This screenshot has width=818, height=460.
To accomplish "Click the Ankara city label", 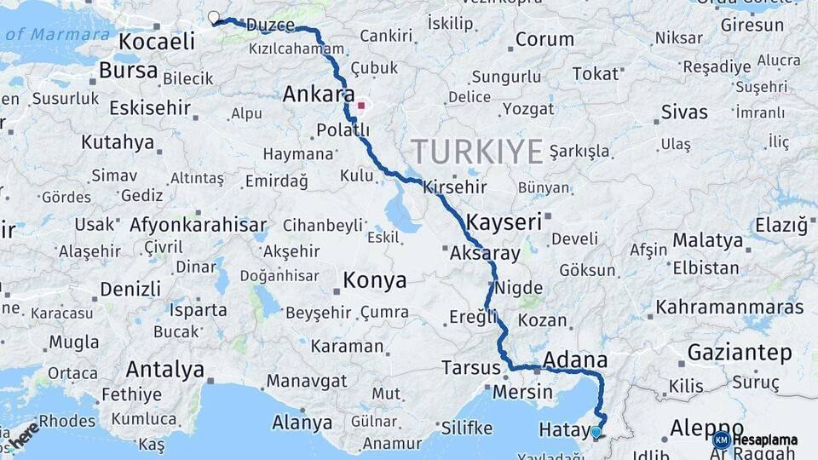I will click(319, 94).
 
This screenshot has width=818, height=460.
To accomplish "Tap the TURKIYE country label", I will click(478, 152).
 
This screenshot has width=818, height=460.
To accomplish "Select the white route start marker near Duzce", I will click(213, 16).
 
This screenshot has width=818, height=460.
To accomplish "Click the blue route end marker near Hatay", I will click(596, 433).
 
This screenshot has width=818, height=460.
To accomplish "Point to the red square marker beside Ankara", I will click(361, 106).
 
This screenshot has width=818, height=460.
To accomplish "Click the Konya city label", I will click(374, 280).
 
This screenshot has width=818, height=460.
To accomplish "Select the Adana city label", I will click(574, 359).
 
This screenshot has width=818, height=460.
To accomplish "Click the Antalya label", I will click(164, 369).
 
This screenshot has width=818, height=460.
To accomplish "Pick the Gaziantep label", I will click(739, 351).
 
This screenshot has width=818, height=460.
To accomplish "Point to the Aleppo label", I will click(706, 428).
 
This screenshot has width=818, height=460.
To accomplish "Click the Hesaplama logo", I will click(756, 440).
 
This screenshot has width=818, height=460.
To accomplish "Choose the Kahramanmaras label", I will click(729, 307).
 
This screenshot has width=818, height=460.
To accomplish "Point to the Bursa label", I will click(128, 71).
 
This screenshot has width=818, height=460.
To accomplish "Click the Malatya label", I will click(707, 241).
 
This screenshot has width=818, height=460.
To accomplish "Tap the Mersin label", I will click(523, 393).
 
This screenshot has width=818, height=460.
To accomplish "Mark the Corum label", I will click(544, 39).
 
